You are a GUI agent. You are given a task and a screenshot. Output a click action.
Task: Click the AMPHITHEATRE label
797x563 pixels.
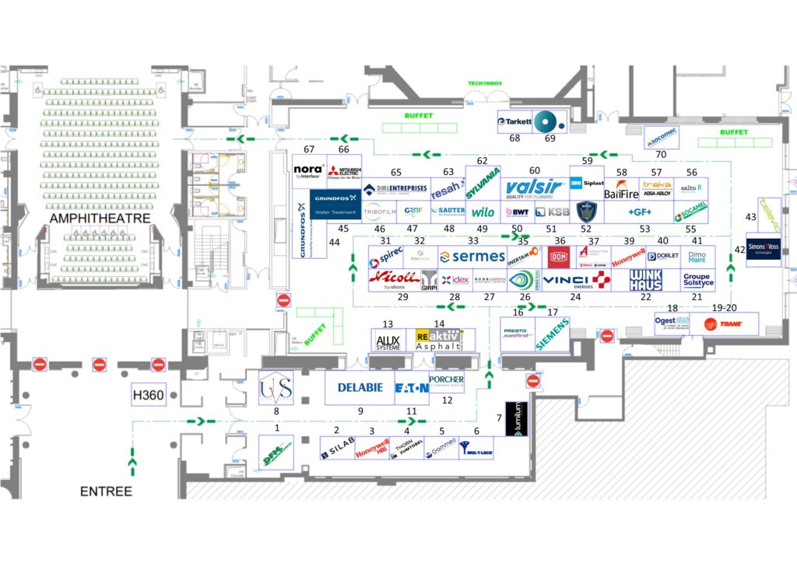100,219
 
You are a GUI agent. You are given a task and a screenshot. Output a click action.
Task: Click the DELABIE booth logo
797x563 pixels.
360,387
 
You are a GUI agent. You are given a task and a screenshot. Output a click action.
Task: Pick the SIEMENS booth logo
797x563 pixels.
554,334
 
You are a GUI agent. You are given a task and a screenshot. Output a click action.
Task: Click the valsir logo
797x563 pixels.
534,188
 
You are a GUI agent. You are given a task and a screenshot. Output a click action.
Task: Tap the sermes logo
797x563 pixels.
472,257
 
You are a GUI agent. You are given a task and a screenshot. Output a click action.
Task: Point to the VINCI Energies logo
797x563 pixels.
576,280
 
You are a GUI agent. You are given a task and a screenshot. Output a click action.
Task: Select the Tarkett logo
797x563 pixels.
515,121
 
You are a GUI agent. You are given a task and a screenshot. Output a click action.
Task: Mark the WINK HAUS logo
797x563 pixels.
646,280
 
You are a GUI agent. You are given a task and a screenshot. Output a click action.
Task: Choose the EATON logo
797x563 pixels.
411,387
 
